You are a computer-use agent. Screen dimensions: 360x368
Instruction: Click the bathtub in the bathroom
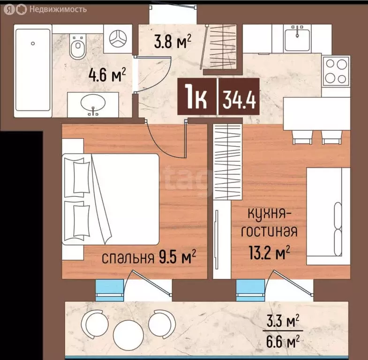pos(32,70)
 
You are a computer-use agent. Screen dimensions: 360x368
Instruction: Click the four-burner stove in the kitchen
pos(336,70)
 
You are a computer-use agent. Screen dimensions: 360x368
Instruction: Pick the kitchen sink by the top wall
pos(298,37)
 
